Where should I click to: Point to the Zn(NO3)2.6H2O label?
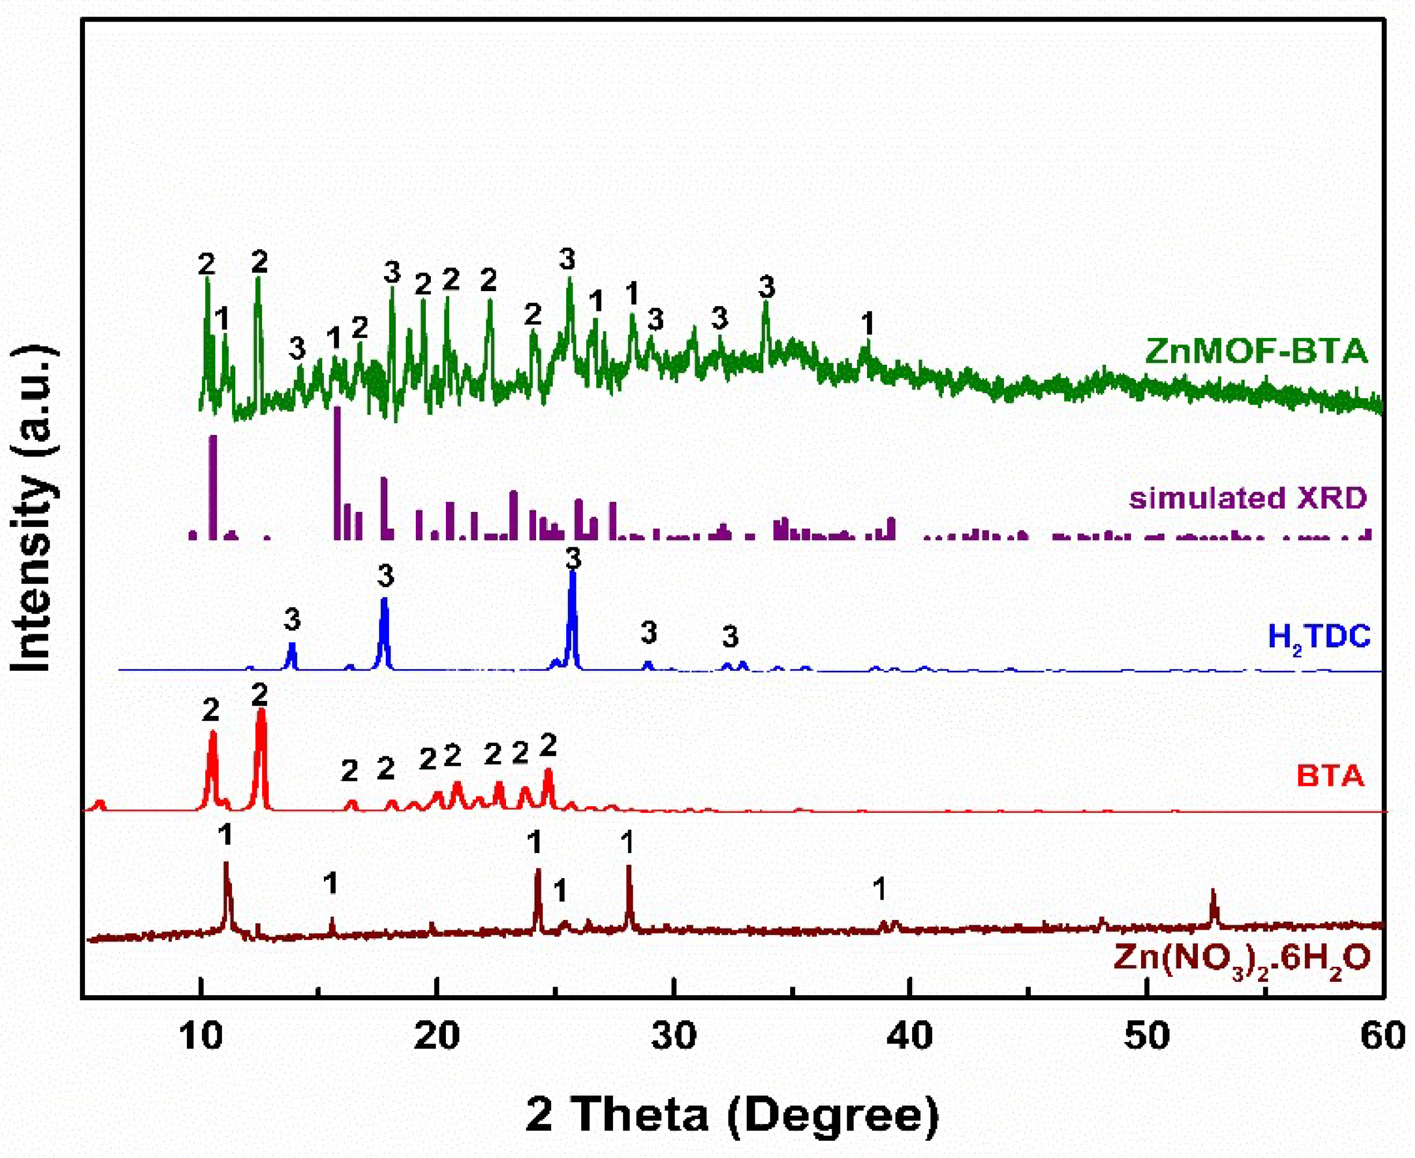(x=1241, y=959)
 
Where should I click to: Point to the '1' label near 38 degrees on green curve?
(x=867, y=325)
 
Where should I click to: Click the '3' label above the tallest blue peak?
(x=573, y=559)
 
